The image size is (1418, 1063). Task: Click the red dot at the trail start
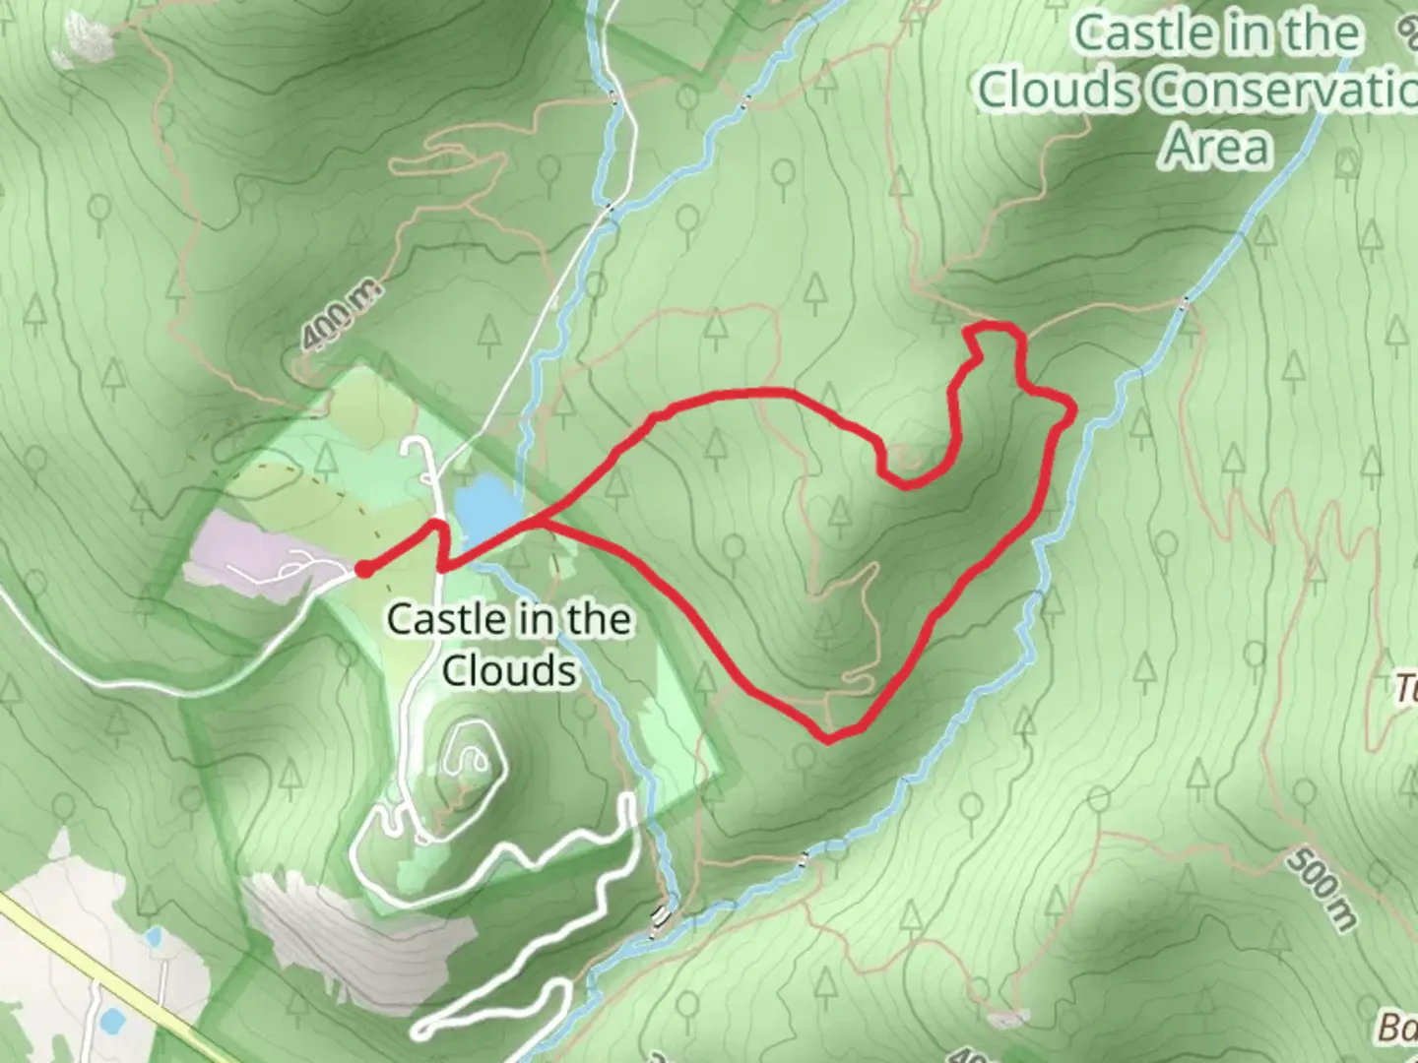click(363, 569)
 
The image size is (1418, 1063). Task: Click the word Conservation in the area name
click(1280, 91)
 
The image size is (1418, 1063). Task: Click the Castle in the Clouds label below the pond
click(508, 645)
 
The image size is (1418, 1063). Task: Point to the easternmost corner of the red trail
click(1072, 406)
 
